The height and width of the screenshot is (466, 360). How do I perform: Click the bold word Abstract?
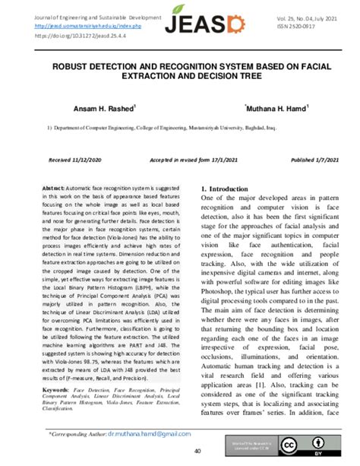click(x=54, y=188)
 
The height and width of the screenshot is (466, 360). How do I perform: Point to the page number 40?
click(x=175, y=452)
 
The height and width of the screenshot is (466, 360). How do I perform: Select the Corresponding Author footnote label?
click(x=80, y=434)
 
